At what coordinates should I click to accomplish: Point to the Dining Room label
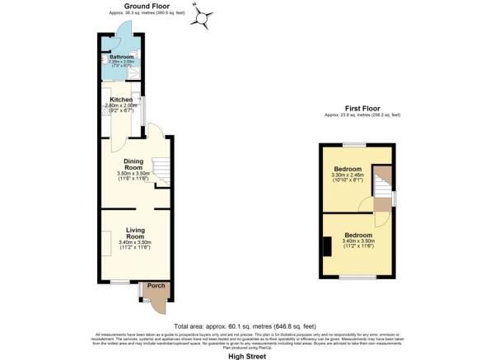(x=133, y=164)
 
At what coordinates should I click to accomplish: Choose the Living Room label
(x=136, y=233)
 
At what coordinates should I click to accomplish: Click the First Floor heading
(x=362, y=107)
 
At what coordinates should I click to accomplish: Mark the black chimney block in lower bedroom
(x=327, y=246)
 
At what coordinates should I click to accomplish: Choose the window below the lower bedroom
(x=356, y=278)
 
